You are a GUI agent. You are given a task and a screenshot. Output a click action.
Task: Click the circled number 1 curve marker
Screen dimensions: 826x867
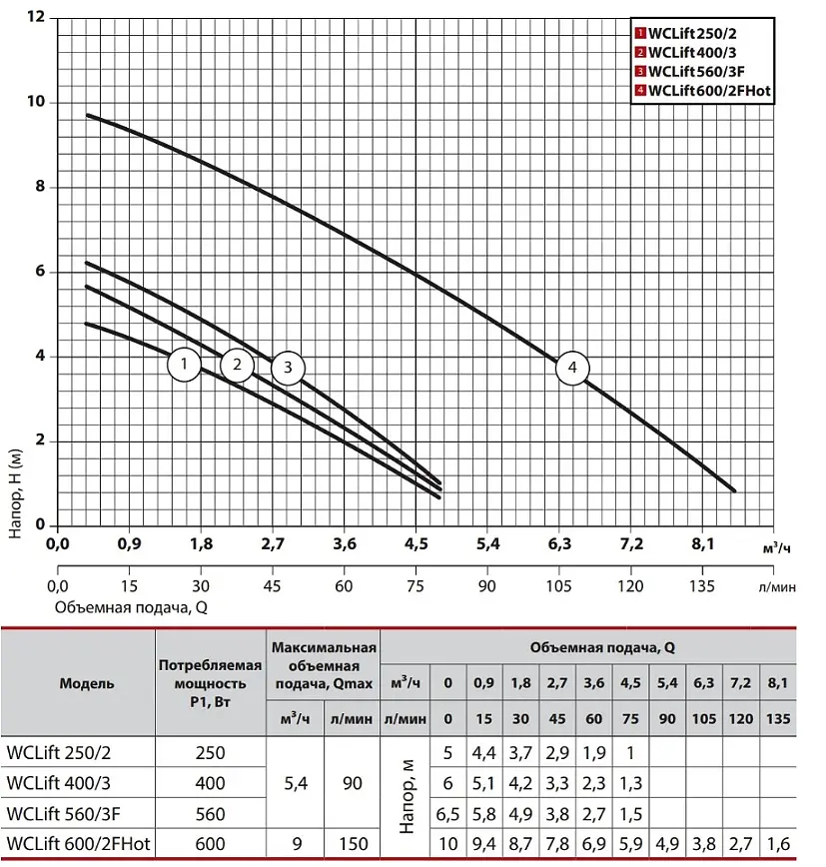pyautogui.click(x=184, y=364)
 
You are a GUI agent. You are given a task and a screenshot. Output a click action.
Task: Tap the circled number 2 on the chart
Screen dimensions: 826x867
pyautogui.click(x=237, y=365)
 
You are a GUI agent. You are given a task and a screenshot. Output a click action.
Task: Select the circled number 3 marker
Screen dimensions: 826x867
pyautogui.click(x=288, y=368)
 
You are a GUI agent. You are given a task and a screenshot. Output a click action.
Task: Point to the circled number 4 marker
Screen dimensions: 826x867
pyautogui.click(x=572, y=368)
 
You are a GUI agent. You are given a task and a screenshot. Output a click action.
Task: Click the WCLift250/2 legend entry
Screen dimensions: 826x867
pyautogui.click(x=685, y=34)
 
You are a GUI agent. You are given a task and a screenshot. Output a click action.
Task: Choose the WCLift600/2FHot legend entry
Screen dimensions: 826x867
pyautogui.click(x=703, y=91)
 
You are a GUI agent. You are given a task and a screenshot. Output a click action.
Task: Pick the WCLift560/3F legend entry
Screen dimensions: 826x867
pyautogui.click(x=690, y=71)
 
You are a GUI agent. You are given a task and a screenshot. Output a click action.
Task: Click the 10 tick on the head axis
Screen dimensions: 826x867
pyautogui.click(x=36, y=102)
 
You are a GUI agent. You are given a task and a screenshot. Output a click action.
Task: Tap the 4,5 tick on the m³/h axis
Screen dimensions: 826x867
pyautogui.click(x=415, y=544)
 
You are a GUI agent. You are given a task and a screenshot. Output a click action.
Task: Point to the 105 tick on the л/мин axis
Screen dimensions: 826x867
pyautogui.click(x=559, y=586)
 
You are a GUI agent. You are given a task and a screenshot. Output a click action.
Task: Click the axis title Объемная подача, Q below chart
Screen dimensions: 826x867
pyautogui.click(x=131, y=607)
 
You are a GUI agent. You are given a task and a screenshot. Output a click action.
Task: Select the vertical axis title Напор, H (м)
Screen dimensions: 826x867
pyautogui.click(x=15, y=493)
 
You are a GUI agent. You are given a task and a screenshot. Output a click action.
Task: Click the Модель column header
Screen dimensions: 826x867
pyautogui.click(x=87, y=683)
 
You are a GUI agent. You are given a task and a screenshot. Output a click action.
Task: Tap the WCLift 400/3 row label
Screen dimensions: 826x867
pyautogui.click(x=59, y=783)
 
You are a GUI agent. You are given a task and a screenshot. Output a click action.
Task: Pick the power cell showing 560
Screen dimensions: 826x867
pyautogui.click(x=210, y=814)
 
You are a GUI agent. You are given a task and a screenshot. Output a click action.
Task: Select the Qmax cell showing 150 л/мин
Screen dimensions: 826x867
pyautogui.click(x=354, y=844)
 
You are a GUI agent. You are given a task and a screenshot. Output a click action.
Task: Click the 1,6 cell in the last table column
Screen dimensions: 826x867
pyautogui.click(x=778, y=844)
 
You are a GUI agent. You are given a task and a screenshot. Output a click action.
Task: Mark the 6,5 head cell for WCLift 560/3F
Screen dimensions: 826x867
pyautogui.click(x=447, y=814)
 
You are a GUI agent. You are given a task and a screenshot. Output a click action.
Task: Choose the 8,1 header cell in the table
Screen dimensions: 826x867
pyautogui.click(x=778, y=683)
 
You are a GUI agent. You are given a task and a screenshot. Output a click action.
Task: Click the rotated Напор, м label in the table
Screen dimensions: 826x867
pyautogui.click(x=407, y=796)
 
